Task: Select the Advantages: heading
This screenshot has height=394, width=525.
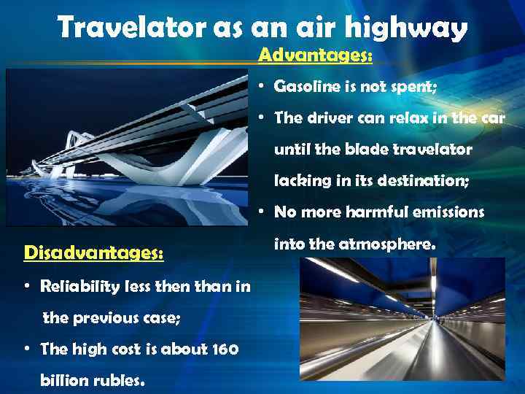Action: [316, 55]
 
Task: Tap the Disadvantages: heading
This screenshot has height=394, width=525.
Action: [93, 252]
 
